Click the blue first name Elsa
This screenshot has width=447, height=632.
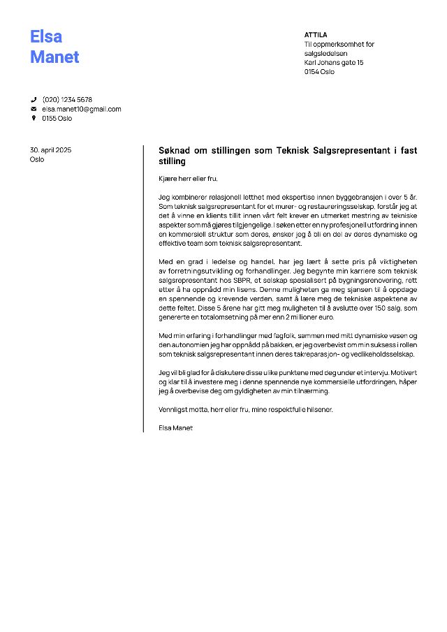coord(46,36)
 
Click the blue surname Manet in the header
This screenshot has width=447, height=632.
coord(54,57)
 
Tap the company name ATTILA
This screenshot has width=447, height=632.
coord(316,34)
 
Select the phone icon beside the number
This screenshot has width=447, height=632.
coord(34,100)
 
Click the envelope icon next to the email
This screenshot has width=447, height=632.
coord(34,109)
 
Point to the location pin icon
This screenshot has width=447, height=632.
coord(34,118)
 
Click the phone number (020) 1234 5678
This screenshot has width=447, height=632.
coord(67,100)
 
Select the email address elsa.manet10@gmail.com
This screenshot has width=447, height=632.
coord(82,109)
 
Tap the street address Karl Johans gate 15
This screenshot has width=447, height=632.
coord(334,62)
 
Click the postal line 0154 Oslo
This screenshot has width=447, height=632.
coord(319,71)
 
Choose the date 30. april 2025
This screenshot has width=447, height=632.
coord(50,150)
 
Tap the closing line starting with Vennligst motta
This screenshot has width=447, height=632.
coord(246,409)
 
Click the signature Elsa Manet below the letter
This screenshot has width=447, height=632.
coord(175,427)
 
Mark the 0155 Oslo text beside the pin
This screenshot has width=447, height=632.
coord(57,118)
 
